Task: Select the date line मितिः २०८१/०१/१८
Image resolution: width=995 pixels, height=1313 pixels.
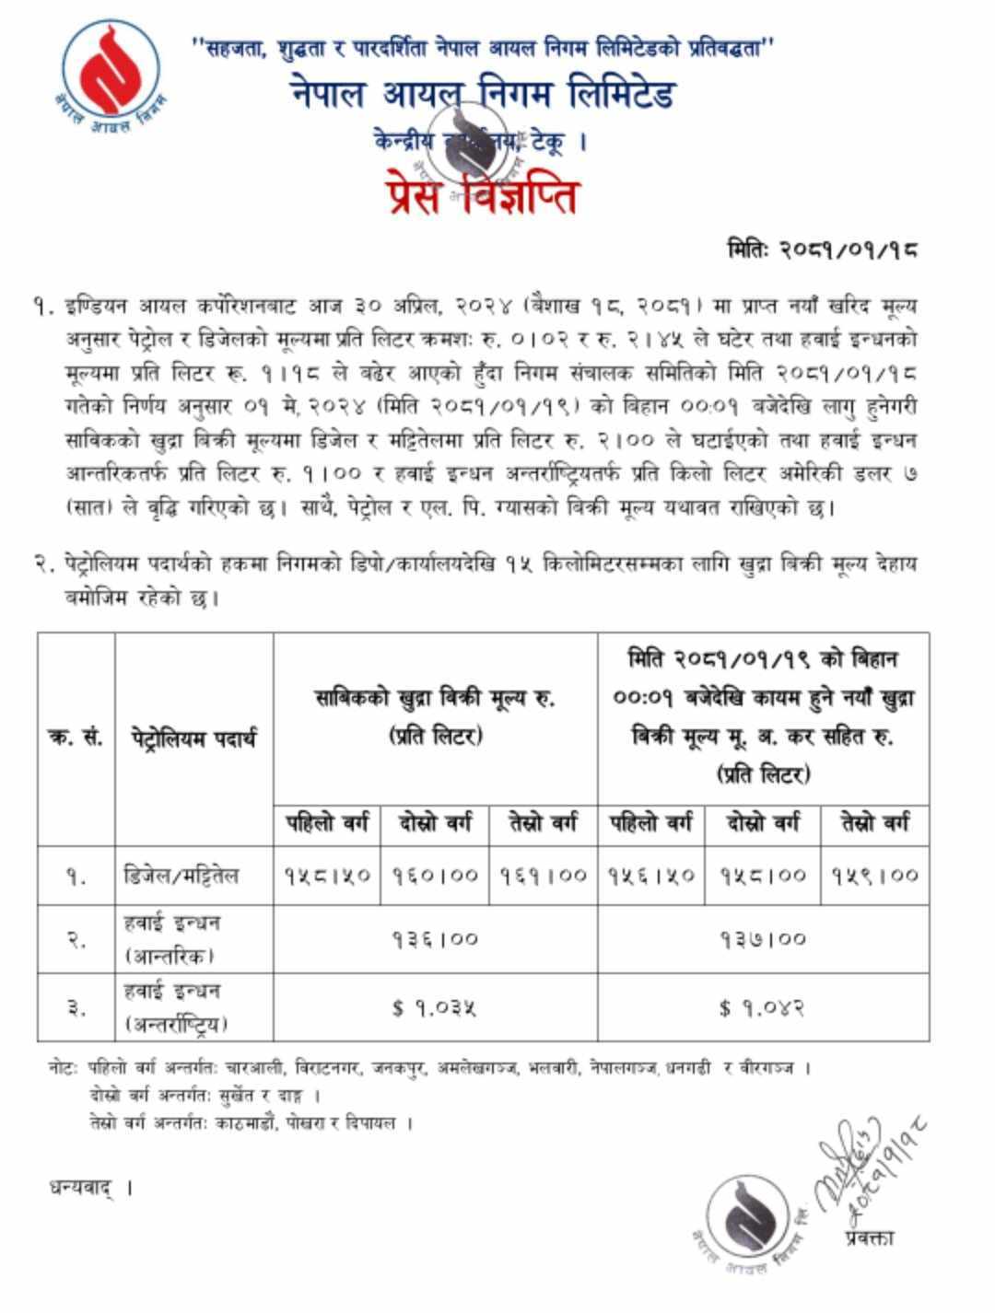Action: click(x=822, y=250)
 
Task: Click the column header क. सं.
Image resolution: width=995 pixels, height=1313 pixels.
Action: click(x=76, y=738)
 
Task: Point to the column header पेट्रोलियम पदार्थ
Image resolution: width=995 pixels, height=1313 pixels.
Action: click(x=193, y=738)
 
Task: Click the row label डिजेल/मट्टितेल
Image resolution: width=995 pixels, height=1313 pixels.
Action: click(x=181, y=875)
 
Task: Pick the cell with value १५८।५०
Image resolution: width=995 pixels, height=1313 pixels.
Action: click(x=327, y=875)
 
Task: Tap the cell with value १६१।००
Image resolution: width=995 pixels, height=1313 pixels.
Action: click(x=544, y=875)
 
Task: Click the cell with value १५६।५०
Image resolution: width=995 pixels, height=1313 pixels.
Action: click(x=651, y=875)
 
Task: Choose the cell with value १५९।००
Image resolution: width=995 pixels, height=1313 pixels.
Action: click(x=874, y=875)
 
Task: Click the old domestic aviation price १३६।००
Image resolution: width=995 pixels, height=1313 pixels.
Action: click(x=436, y=939)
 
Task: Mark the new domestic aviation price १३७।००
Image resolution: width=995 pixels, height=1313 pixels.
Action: click(x=763, y=939)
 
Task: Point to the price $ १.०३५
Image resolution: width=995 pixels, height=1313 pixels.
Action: click(x=435, y=1008)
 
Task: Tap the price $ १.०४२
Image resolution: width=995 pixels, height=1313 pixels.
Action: click(x=763, y=1008)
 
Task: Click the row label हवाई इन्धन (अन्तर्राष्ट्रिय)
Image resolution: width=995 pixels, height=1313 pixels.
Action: click(x=175, y=1007)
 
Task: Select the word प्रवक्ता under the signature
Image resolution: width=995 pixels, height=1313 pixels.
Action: click(x=868, y=1237)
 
